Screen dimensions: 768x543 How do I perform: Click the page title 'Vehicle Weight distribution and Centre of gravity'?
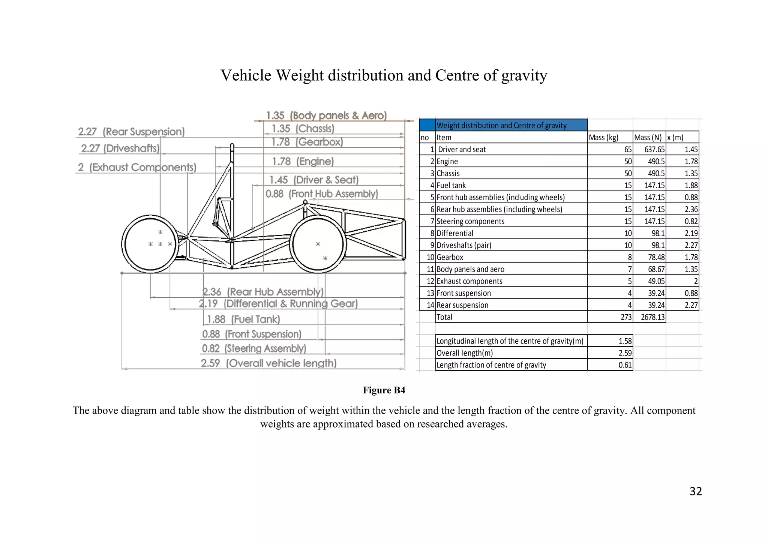tap(384, 75)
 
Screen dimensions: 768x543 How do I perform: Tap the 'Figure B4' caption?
tap(384, 390)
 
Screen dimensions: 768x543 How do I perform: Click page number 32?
tap(696, 491)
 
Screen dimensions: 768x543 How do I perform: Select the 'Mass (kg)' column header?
tap(603, 138)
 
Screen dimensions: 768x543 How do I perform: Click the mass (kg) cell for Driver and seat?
tap(628, 150)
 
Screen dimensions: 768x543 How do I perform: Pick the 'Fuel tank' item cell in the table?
tap(451, 186)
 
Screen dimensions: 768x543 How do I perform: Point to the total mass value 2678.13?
tap(652, 317)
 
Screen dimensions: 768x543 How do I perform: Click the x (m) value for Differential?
tap(691, 233)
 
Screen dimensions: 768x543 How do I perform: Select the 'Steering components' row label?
tap(470, 222)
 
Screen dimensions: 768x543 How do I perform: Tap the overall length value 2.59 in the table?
tap(625, 353)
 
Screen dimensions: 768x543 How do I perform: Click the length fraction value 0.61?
tap(625, 365)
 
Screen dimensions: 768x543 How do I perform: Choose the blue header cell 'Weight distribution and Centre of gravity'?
tap(502, 126)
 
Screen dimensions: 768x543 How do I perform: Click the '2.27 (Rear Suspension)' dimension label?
tap(131, 132)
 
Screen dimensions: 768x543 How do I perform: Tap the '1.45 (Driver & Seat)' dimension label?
tap(314, 180)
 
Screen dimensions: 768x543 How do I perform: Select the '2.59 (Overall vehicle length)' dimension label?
tap(268, 363)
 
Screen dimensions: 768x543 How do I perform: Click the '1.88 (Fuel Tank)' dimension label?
tap(243, 319)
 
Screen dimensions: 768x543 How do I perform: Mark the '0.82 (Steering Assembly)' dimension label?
tap(254, 349)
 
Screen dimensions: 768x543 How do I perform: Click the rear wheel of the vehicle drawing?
tap(150, 244)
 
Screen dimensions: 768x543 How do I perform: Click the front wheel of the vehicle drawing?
tap(318, 244)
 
